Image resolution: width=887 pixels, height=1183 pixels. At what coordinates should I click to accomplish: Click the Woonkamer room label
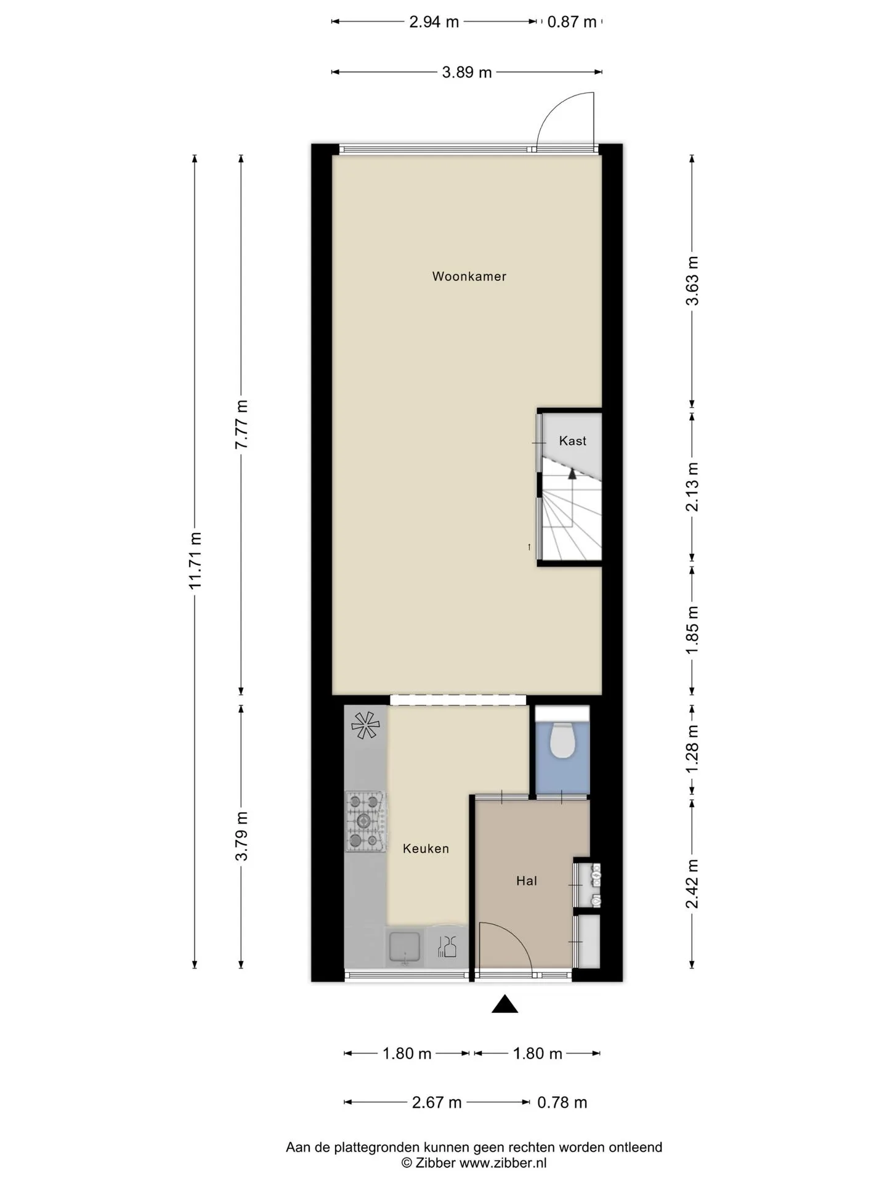tap(469, 277)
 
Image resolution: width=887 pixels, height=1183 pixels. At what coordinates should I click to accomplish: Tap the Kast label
tap(572, 441)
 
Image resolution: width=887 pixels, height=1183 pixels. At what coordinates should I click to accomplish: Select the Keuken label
tap(426, 848)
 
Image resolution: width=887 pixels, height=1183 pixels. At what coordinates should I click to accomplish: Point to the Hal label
tap(527, 881)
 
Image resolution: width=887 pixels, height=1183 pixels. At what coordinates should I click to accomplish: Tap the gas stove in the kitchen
tap(365, 821)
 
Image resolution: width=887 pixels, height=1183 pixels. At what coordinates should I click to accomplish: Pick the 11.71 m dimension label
tap(196, 560)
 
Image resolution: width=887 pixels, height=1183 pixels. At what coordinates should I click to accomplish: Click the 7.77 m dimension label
tap(241, 425)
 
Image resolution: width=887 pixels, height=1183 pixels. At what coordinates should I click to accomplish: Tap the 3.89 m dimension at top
tap(467, 73)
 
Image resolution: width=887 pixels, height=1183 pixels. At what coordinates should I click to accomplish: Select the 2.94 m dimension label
tap(434, 22)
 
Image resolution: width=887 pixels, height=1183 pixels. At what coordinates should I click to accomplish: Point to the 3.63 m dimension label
tap(692, 280)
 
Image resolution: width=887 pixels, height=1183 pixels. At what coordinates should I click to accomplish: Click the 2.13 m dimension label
tap(692, 487)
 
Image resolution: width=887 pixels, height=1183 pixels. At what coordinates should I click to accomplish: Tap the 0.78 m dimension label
tap(562, 1102)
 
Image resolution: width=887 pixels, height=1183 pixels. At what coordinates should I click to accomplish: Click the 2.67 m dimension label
tap(437, 1102)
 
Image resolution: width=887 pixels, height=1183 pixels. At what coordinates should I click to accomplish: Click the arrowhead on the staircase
tap(572, 473)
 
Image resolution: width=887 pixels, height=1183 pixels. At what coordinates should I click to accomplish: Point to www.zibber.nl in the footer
tap(503, 1163)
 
